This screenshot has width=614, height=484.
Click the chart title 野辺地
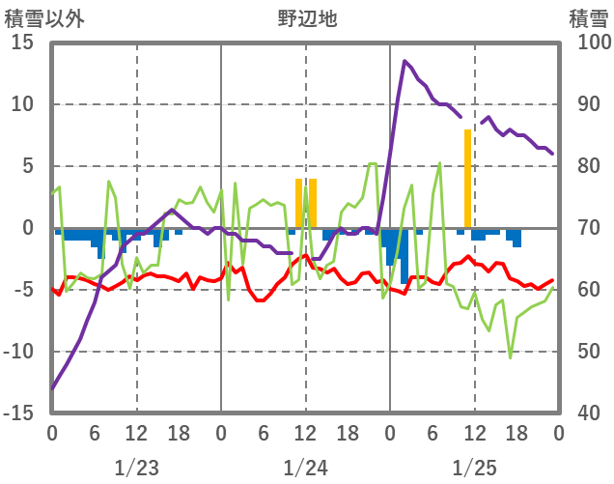pyautogui.click(x=307, y=17)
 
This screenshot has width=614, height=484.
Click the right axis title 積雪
pyautogui.click(x=587, y=17)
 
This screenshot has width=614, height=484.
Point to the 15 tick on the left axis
pyautogui.click(x=22, y=43)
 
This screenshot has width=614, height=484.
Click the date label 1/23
pyautogui.click(x=136, y=468)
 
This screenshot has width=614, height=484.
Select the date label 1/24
pyautogui.click(x=305, y=468)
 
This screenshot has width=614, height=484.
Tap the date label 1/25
pyautogui.click(x=474, y=468)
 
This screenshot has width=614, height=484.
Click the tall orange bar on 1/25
pyautogui.click(x=467, y=179)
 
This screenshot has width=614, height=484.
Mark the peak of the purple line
pyautogui.click(x=405, y=62)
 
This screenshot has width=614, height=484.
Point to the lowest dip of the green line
pyautogui.click(x=511, y=357)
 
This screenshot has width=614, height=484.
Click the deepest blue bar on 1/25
pyautogui.click(x=405, y=256)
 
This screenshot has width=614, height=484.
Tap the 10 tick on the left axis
pyautogui.click(x=22, y=104)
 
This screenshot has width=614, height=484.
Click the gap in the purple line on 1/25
pyautogui.click(x=471, y=120)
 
